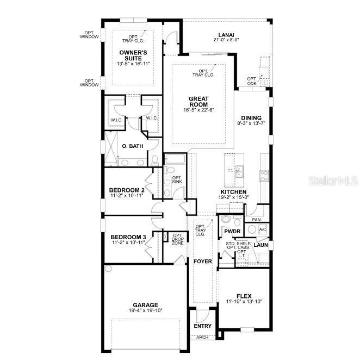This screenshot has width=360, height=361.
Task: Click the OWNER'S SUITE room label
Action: click(x=133, y=55)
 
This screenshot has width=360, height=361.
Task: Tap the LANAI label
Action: click(x=226, y=33)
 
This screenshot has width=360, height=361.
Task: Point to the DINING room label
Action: click(x=251, y=118)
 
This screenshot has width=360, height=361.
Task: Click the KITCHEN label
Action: click(x=234, y=192)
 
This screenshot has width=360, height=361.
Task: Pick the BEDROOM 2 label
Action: click(x=127, y=190)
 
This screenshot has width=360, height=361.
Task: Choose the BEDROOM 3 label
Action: click(x=128, y=237)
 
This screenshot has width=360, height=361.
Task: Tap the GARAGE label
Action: click(x=145, y=305)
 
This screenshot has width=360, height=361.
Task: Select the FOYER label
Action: click(x=202, y=262)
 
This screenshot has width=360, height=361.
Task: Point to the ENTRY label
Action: click(x=202, y=326)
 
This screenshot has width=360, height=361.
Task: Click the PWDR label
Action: click(x=232, y=231)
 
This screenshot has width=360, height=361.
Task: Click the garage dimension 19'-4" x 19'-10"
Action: click(x=145, y=310)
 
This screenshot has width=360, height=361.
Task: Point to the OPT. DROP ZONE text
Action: click(x=177, y=240)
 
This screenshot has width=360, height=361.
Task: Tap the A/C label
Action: click(x=263, y=229)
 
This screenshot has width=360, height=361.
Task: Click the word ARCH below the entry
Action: click(x=202, y=337)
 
